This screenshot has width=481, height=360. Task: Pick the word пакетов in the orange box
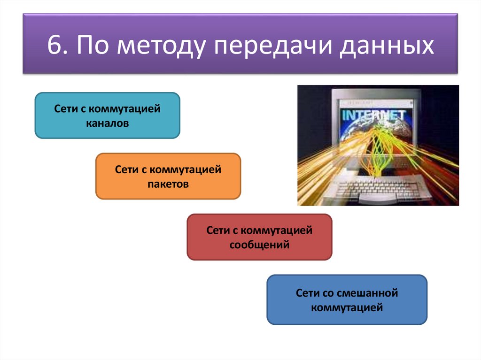coord(168,185)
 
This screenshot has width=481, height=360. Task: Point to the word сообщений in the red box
coord(259,245)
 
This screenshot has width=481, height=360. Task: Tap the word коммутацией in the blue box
coord(347,308)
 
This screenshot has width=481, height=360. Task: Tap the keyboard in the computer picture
coord(373,190)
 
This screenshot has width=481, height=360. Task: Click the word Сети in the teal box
coord(63,109)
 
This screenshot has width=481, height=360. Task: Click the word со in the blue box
coord(326,293)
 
